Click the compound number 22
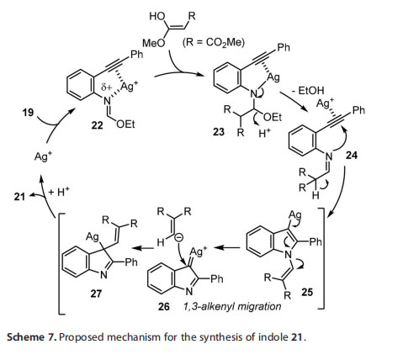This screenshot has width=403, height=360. click(97, 125)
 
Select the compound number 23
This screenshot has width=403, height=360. click(219, 131)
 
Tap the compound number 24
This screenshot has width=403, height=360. click(352, 155)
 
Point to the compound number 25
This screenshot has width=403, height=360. click(307, 292)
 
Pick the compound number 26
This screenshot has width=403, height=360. click(164, 306)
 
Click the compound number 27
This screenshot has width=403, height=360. click(96, 294)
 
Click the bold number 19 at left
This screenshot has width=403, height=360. click(28, 113)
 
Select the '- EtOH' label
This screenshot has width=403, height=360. click(307, 91)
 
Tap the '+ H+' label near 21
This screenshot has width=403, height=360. click(59, 192)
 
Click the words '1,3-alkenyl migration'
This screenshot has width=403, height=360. click(232, 306)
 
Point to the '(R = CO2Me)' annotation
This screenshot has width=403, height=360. click(214, 43)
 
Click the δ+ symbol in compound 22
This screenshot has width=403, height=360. click(106, 87)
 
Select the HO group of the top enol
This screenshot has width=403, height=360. click(157, 16)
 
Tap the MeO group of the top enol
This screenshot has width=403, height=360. click(153, 43)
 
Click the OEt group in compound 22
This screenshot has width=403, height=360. click(125, 124)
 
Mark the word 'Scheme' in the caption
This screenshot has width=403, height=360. click(25, 336)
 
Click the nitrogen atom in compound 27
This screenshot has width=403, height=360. click(103, 275)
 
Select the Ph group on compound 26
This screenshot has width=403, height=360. click(216, 278)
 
